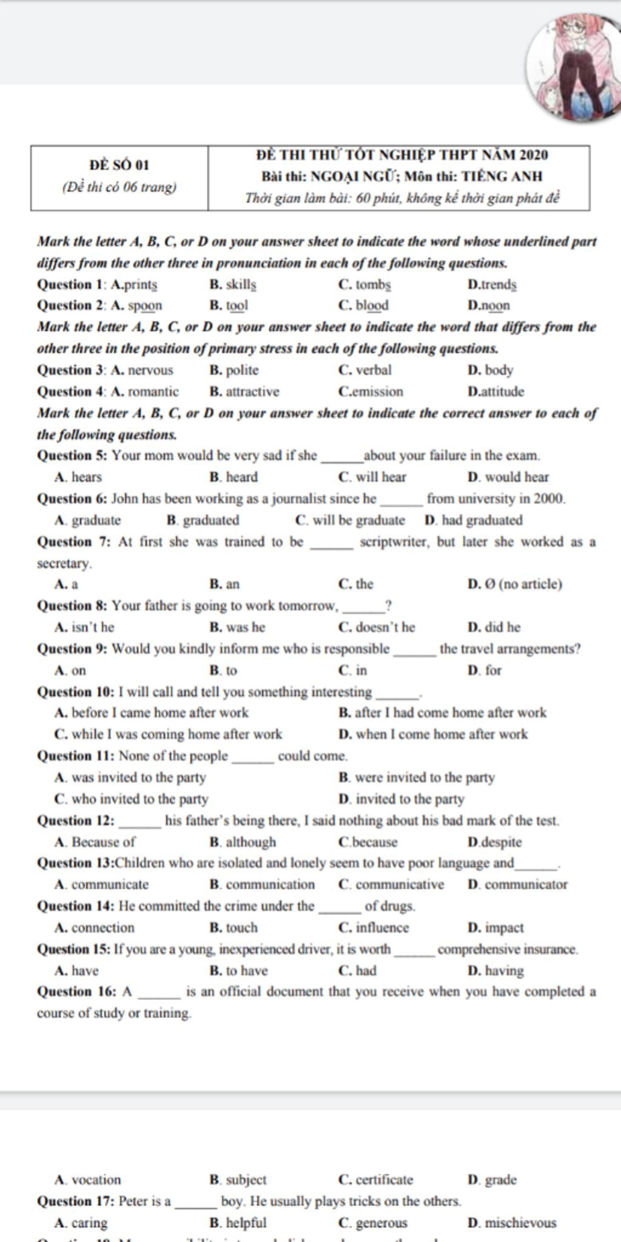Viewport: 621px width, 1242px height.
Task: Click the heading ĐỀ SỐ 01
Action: click(x=119, y=165)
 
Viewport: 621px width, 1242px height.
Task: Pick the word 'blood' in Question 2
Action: click(x=372, y=306)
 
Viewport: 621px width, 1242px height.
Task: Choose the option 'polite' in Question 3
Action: click(x=242, y=371)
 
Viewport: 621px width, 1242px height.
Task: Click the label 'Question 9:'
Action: click(x=72, y=649)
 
